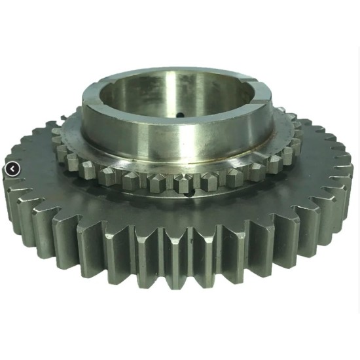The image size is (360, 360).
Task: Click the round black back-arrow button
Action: coord(11,170)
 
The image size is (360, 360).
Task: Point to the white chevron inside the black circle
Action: coord(11,170)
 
